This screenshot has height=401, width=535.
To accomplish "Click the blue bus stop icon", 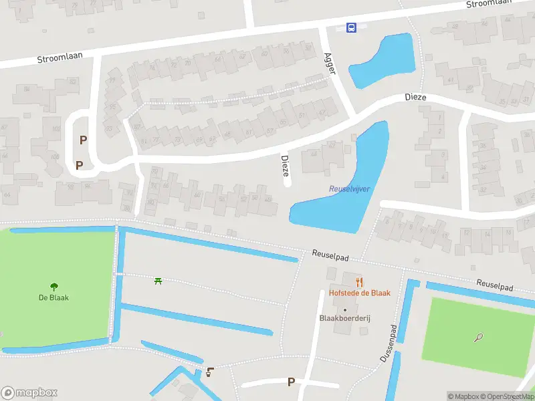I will point(351,27).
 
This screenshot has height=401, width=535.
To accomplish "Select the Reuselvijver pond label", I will point(350,189).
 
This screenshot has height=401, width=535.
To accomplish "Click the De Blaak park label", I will point(53,297).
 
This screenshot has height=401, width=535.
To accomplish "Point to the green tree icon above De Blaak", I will point(53,287).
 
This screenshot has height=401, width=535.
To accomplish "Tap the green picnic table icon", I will point(158,281).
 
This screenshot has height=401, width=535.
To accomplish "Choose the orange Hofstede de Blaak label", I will point(359,293).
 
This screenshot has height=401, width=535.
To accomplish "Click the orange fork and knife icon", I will point(359,282).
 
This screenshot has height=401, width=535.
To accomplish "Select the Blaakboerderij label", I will point(345,318).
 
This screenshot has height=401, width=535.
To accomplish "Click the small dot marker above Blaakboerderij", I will point(345,309).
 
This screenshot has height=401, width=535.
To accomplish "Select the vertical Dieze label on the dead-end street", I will point(286,167).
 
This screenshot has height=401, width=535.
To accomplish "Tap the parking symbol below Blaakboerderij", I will point(291,382).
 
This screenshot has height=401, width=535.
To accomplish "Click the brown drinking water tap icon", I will point(211,372).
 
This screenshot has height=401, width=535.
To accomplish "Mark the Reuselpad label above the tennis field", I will point(495,285).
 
